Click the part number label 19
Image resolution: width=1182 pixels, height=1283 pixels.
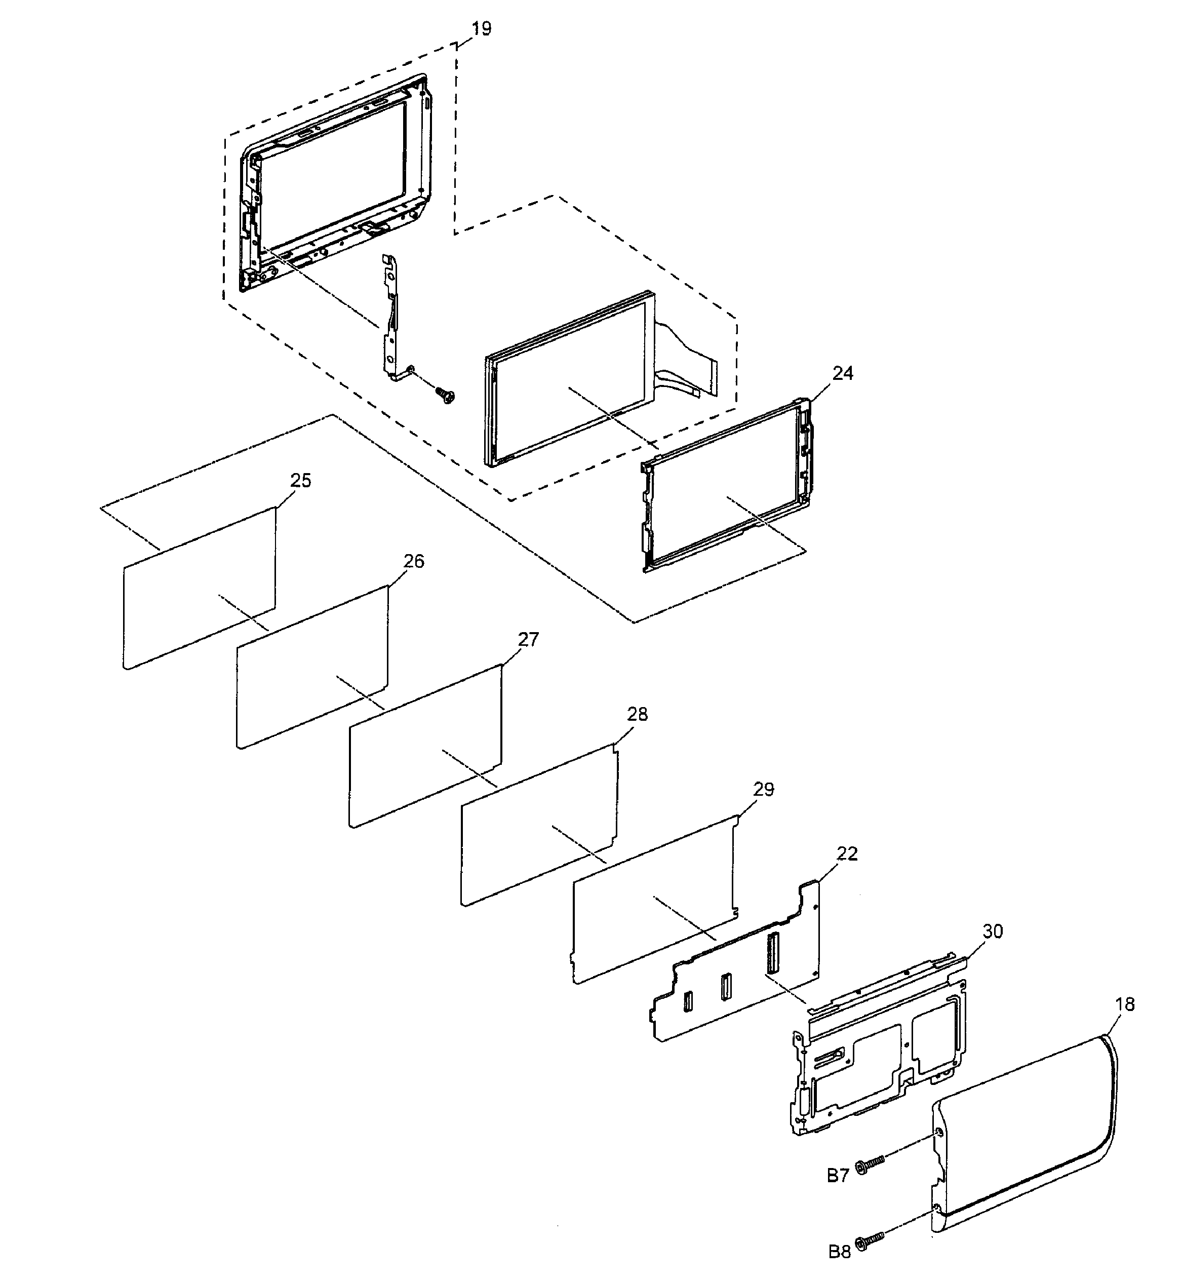(x=481, y=29)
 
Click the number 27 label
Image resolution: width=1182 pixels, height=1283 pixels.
(x=528, y=639)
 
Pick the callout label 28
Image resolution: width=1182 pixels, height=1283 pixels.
(x=637, y=714)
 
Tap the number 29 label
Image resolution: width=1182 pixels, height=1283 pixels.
(x=763, y=789)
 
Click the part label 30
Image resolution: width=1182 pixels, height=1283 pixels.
(x=993, y=931)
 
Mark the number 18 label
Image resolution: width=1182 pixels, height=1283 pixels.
(x=1124, y=1005)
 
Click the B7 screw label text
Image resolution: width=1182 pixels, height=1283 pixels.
(x=838, y=1175)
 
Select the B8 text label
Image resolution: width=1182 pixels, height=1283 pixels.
(x=839, y=1252)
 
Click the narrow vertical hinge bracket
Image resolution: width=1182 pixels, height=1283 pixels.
(x=391, y=320)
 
